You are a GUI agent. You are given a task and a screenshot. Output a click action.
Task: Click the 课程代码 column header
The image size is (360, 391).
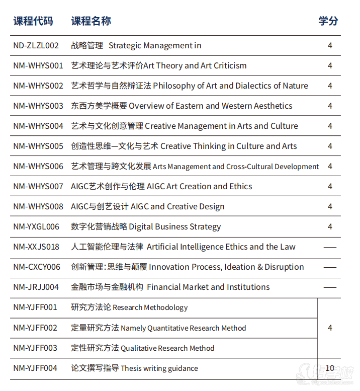tap(33, 21)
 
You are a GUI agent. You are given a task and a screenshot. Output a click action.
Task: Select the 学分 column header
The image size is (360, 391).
tap(328, 21)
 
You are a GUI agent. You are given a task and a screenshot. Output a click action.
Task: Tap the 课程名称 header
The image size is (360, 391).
tap(91, 21)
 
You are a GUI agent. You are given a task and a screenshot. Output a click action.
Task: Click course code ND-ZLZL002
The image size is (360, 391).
tap(36, 46)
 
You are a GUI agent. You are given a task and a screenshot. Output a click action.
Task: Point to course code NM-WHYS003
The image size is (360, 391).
tap(38, 106)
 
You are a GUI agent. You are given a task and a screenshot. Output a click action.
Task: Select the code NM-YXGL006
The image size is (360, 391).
tap(36, 227)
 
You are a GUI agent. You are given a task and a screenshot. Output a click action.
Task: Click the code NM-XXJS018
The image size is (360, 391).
tap(36, 247)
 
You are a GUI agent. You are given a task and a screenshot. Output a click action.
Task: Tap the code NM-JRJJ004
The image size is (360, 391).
tap(36, 287)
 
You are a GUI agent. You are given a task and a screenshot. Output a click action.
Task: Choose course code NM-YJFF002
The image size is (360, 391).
tap(35, 328)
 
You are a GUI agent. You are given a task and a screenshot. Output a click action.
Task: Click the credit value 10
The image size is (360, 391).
tap(330, 368)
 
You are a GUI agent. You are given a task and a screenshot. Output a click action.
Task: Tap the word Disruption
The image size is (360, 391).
tap(284, 267)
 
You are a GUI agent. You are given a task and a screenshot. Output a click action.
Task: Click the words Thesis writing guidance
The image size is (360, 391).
tap(159, 368)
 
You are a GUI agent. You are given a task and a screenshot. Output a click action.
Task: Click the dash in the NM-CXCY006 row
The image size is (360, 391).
tap(330, 267)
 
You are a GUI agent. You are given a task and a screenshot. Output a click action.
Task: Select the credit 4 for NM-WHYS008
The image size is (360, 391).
tap(330, 207)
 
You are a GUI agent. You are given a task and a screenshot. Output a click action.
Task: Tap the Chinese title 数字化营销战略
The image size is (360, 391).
tap(99, 227)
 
